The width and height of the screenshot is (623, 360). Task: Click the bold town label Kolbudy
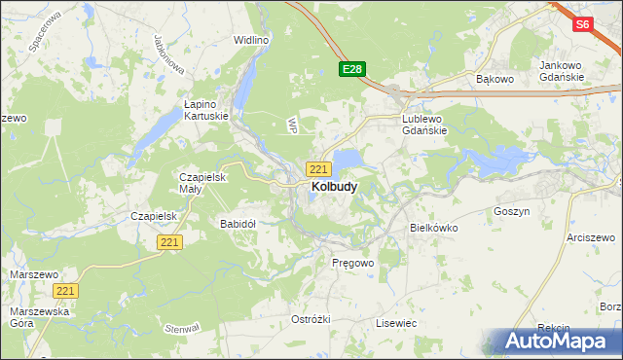click(x=333, y=186)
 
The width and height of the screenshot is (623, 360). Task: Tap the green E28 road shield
click(x=352, y=69)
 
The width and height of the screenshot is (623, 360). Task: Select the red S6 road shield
click(x=582, y=24)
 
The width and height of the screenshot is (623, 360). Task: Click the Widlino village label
click(x=251, y=41)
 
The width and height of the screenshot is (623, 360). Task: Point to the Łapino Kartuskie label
click(x=206, y=109)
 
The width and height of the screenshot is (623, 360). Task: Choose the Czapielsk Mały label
click(x=202, y=184)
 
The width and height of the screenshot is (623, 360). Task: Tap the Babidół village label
click(x=238, y=223)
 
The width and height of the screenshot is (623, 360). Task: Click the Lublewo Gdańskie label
click(x=424, y=125)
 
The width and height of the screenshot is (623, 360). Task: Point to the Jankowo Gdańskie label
click(x=561, y=71)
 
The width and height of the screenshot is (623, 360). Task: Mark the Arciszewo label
click(x=594, y=237)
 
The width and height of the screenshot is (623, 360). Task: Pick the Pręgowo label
click(x=352, y=263)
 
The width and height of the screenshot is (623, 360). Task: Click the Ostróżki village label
click(x=311, y=319)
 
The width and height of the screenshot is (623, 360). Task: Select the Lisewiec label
click(x=396, y=322)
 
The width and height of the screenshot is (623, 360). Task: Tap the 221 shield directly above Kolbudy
click(x=318, y=168)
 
